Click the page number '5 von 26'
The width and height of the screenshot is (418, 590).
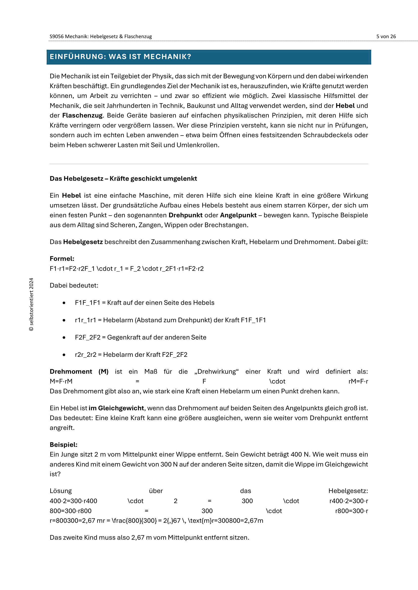pyautogui.click(x=386, y=37)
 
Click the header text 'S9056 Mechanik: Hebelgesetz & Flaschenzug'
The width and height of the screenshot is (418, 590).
pyautogui.click(x=101, y=37)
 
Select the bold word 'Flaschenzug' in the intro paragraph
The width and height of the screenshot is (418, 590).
pyautogui.click(x=82, y=115)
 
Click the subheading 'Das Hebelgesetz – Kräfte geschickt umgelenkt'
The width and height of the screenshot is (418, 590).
pyautogui.click(x=123, y=179)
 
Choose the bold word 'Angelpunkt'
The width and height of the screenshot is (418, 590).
pyautogui.click(x=238, y=215)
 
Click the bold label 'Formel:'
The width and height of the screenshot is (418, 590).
pyautogui.click(x=62, y=259)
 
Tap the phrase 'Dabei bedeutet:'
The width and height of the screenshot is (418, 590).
pyautogui.click(x=74, y=286)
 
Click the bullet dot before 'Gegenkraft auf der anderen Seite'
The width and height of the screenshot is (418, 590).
pyautogui.click(x=64, y=338)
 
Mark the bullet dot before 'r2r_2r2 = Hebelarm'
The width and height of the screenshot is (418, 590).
pyautogui.click(x=64, y=355)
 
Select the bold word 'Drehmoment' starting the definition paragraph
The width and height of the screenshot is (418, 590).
pyautogui.click(x=71, y=372)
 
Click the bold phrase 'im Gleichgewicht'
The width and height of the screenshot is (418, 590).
pyautogui.click(x=116, y=408)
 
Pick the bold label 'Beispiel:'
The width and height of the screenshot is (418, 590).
pyautogui.click(x=64, y=444)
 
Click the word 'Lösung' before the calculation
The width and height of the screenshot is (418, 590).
pyautogui.click(x=61, y=491)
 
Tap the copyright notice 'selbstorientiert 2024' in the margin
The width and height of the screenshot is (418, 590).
pyautogui.click(x=31, y=304)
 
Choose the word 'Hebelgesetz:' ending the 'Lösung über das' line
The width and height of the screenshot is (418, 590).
pyautogui.click(x=348, y=491)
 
